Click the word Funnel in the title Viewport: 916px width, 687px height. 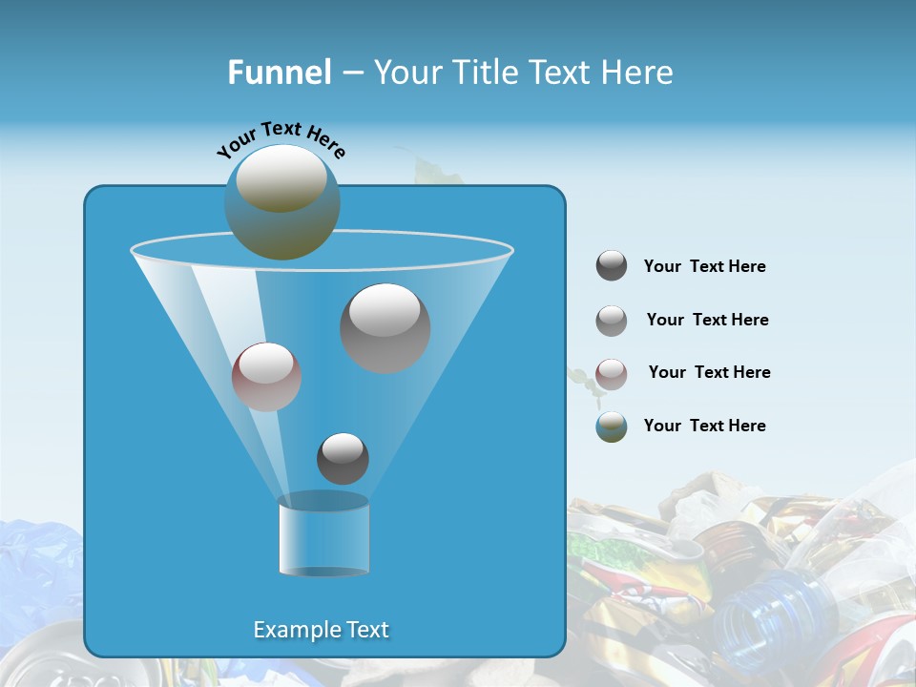(279, 73)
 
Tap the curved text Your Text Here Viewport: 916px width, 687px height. (281, 139)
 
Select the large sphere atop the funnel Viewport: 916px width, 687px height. (282, 202)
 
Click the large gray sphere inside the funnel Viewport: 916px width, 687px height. (385, 327)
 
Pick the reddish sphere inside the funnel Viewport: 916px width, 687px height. (266, 377)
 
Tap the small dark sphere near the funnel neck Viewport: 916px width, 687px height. (343, 458)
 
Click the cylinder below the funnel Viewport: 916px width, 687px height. (323, 535)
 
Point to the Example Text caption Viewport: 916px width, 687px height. (321, 630)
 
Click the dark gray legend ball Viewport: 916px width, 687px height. (612, 266)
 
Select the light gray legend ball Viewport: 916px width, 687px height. (612, 321)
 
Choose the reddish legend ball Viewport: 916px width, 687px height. (612, 373)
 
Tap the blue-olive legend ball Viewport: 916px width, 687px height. (612, 427)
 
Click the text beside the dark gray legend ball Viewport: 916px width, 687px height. (704, 266)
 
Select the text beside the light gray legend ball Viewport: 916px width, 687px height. (707, 320)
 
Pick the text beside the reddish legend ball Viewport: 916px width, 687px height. (709, 372)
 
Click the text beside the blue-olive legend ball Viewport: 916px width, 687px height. (704, 426)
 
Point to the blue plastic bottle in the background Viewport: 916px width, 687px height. (763, 620)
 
